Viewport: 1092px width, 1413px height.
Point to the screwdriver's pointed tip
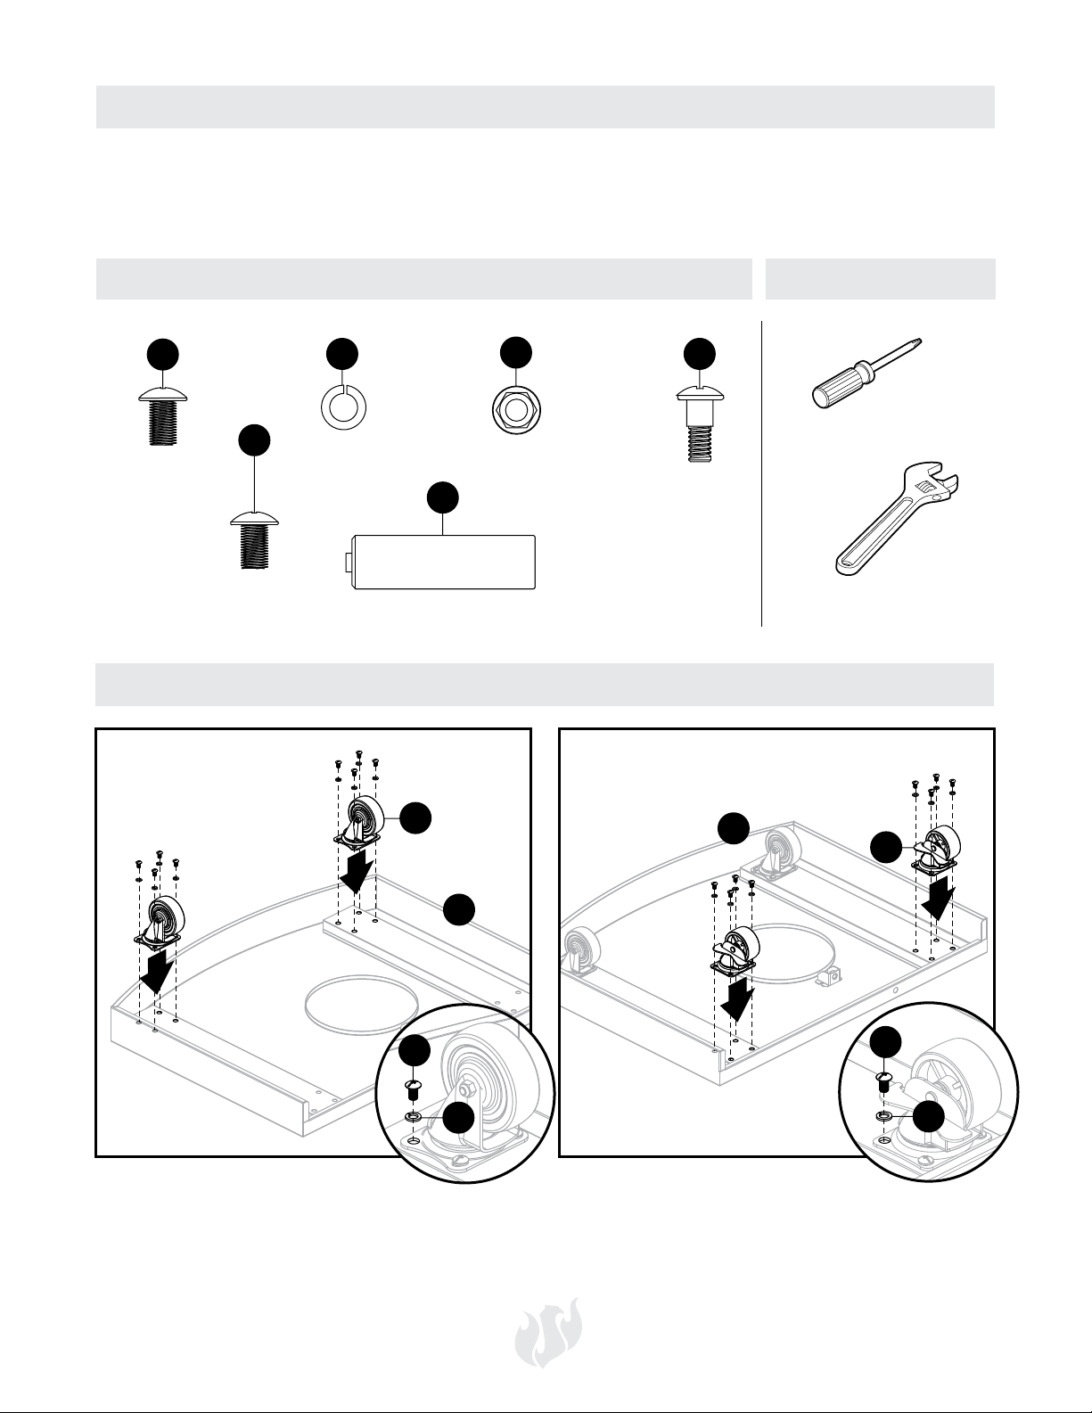tap(919, 341)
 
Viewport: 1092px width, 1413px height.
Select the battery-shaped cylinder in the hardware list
tap(445, 562)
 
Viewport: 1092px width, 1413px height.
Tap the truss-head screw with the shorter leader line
tap(163, 417)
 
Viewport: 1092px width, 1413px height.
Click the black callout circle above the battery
tap(444, 498)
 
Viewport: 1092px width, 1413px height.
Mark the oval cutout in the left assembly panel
tap(359, 1008)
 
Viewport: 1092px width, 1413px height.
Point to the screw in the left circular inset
tap(414, 1089)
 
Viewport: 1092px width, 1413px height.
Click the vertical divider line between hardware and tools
tap(762, 472)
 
